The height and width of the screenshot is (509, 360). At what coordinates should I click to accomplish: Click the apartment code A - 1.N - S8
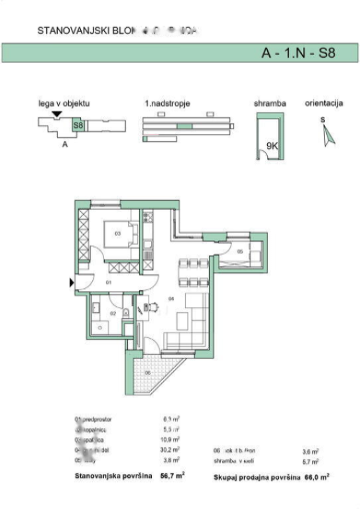tap(296, 54)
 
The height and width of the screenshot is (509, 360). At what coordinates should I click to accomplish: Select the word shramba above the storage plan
tap(270, 104)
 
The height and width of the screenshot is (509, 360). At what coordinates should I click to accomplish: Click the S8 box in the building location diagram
tap(78, 124)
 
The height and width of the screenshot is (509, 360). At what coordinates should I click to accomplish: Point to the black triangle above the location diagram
tap(58, 115)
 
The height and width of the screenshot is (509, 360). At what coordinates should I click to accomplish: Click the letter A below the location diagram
tap(64, 144)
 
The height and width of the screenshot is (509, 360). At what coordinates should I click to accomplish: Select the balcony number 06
tap(148, 372)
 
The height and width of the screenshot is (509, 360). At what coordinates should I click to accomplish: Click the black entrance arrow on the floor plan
tap(72, 283)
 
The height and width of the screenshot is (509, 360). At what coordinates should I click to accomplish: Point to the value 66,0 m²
tap(316, 477)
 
